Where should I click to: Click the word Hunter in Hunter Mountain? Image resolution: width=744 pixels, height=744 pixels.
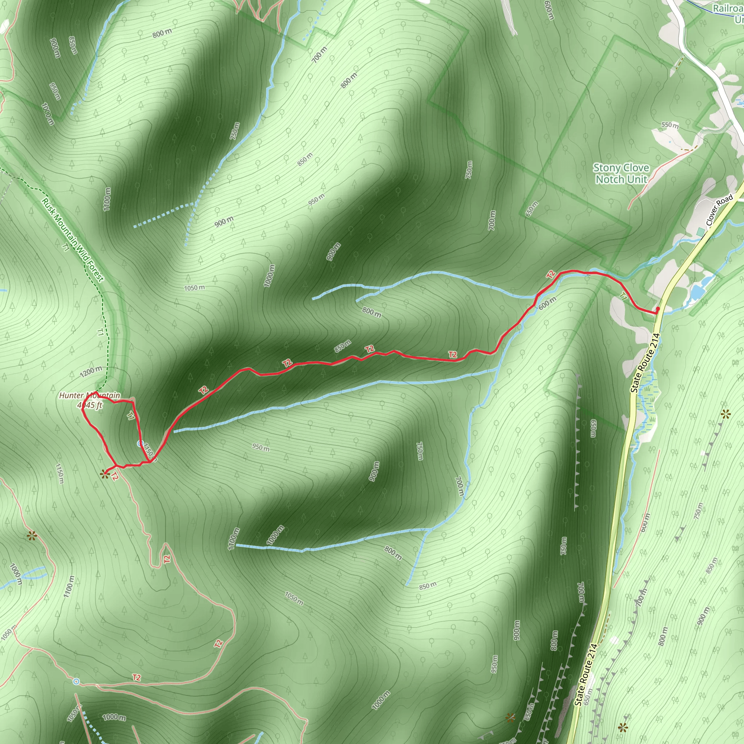click(x=72, y=396)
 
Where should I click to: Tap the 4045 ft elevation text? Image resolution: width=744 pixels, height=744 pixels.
click(x=90, y=405)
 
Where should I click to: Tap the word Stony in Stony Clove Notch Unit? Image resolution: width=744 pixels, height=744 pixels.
click(x=605, y=168)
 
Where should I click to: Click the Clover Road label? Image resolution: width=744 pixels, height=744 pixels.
click(x=719, y=210)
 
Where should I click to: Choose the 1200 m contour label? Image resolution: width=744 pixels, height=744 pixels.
click(x=91, y=372)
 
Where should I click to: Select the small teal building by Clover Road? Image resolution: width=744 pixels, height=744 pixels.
click(x=700, y=231)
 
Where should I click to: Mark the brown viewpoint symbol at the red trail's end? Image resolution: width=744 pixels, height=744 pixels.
click(x=104, y=474)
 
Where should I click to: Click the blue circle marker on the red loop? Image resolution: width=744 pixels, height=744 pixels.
click(x=140, y=444)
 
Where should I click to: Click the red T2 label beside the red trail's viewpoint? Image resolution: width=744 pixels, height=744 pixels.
click(x=114, y=477)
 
